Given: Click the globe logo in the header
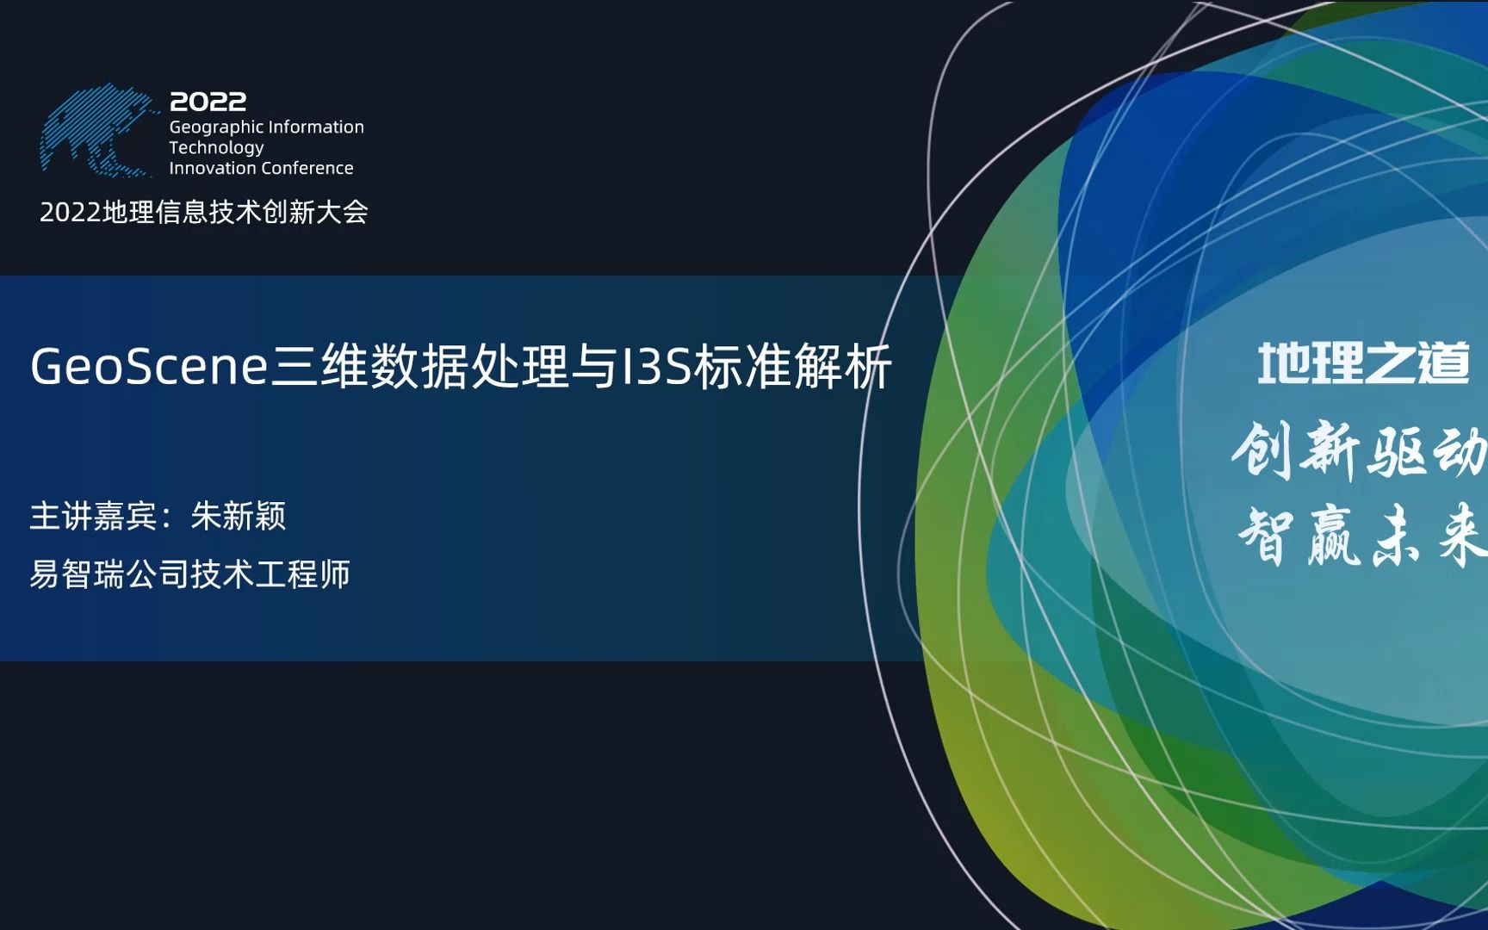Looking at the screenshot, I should pyautogui.click(x=96, y=130).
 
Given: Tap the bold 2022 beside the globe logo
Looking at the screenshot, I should pyautogui.click(x=208, y=102).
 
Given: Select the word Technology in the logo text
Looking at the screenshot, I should pyautogui.click(x=216, y=148).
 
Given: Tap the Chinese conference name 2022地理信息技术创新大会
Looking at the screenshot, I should pyautogui.click(x=204, y=212).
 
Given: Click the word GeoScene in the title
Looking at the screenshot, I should pyautogui.click(x=150, y=367).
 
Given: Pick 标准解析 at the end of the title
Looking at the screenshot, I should pyautogui.click(x=793, y=367).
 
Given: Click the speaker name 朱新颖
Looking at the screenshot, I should pyautogui.click(x=239, y=516).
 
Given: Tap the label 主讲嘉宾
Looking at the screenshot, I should pyautogui.click(x=93, y=516).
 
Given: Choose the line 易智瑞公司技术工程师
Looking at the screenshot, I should pyautogui.click(x=189, y=574).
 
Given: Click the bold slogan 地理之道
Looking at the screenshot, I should pyautogui.click(x=1363, y=363).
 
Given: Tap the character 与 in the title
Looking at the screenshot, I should pyautogui.click(x=594, y=367).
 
